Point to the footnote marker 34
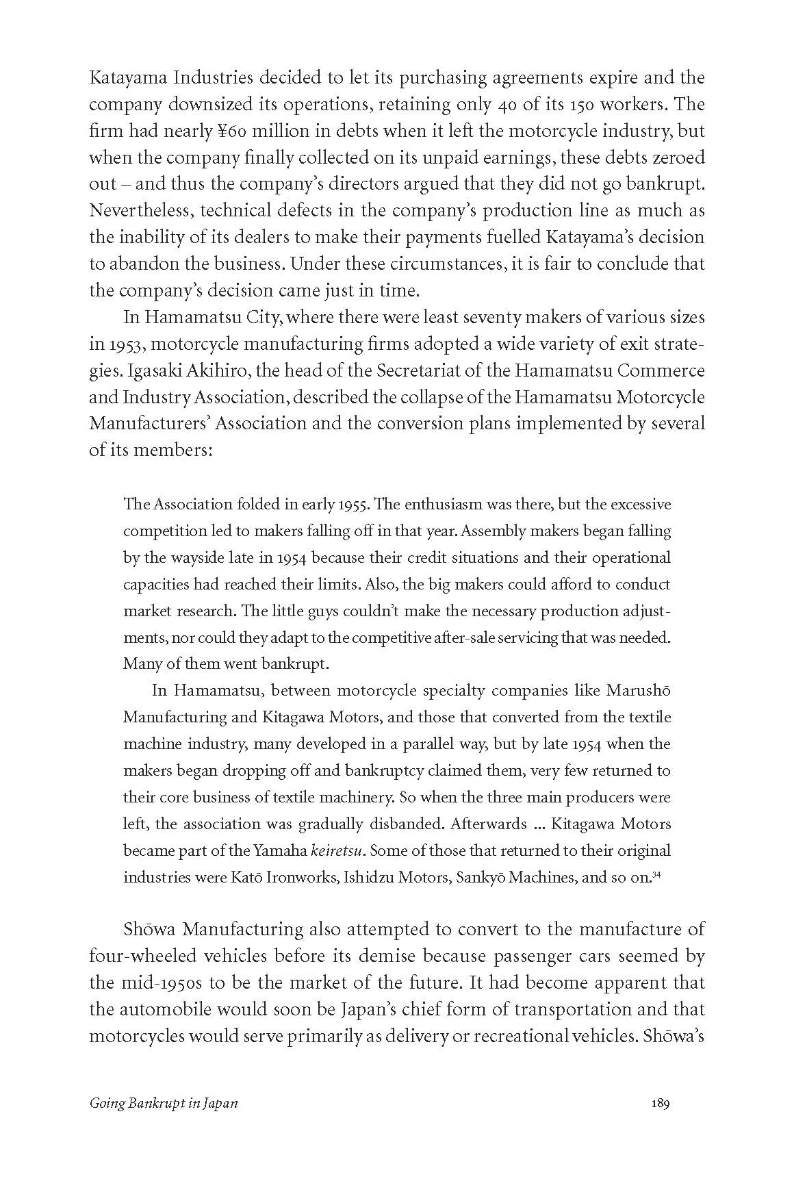(x=656, y=874)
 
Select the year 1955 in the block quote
(x=355, y=505)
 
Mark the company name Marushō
(x=638, y=690)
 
